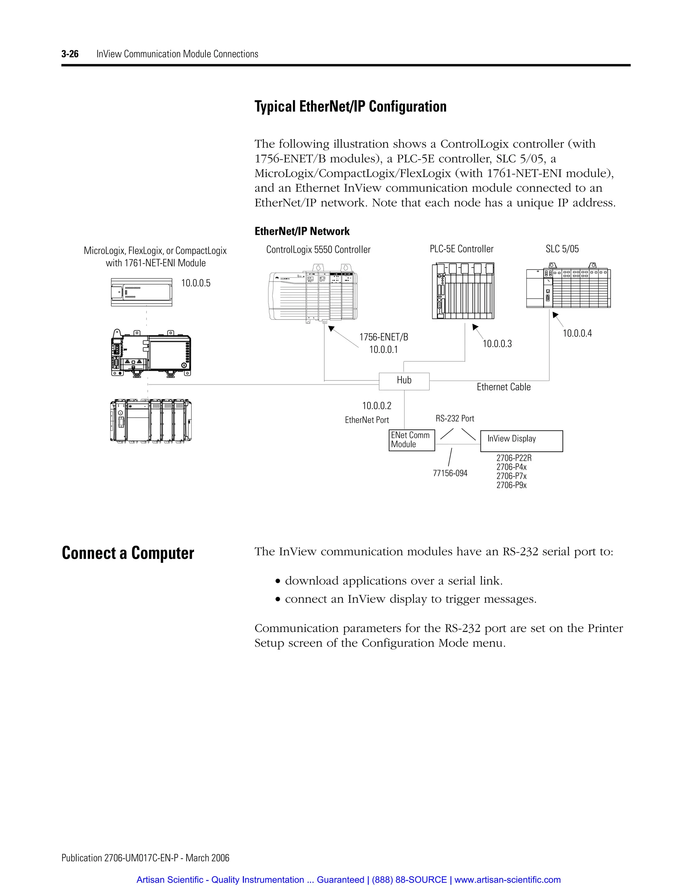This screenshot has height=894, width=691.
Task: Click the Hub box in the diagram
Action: (404, 381)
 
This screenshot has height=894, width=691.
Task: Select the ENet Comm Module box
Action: (411, 440)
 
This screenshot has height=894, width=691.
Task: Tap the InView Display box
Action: (521, 441)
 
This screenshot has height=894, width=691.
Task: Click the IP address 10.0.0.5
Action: (196, 283)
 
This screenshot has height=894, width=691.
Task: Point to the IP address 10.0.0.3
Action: (497, 344)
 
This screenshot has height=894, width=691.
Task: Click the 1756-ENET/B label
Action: (384, 337)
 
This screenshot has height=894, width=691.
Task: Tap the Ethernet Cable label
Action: (503, 387)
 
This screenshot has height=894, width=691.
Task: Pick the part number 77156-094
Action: (450, 474)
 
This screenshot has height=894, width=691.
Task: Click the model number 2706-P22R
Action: (514, 458)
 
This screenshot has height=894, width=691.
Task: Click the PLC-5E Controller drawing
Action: (463, 290)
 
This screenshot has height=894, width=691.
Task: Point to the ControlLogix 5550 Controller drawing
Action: (313, 296)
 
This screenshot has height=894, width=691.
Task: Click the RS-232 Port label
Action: (455, 419)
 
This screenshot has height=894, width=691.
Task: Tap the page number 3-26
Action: (70, 54)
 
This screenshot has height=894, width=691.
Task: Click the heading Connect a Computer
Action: (128, 553)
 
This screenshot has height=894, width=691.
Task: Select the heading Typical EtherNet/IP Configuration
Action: (351, 106)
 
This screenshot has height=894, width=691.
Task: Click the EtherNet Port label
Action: (367, 420)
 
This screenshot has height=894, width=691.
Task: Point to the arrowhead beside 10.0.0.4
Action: (555, 315)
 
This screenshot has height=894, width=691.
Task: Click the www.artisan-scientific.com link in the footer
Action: (507, 880)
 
